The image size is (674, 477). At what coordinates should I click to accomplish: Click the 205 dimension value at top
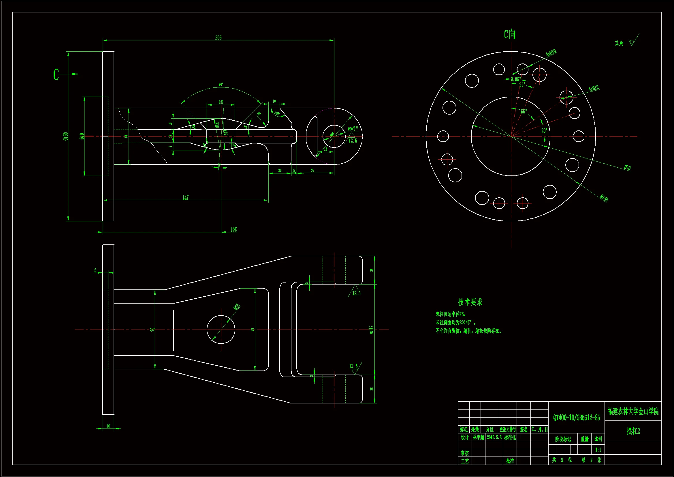[218, 38]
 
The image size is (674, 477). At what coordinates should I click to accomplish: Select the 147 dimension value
[185, 197]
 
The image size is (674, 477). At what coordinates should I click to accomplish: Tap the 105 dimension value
[234, 229]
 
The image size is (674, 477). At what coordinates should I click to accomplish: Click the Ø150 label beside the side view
[65, 136]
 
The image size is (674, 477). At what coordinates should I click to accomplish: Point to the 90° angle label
[221, 85]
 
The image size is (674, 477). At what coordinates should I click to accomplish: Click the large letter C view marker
[56, 74]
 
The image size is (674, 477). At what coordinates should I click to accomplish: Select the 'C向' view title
[510, 34]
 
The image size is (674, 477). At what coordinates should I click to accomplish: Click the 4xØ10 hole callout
[551, 53]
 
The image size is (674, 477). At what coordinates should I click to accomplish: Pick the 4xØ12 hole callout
[594, 88]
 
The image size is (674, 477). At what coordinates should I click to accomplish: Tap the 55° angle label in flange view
[524, 112]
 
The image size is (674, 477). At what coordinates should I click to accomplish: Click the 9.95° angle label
[515, 79]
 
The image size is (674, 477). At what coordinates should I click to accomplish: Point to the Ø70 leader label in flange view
[627, 168]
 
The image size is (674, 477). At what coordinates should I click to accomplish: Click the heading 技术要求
[470, 302]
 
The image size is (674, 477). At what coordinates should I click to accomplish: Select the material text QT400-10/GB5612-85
[577, 418]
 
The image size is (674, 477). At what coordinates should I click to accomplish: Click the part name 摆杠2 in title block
[633, 431]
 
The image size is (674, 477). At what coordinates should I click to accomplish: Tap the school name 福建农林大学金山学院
[633, 411]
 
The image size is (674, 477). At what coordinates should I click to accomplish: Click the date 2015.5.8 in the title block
[494, 437]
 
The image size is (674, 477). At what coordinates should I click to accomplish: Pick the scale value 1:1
[598, 450]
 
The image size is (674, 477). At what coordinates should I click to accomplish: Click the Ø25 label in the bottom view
[237, 307]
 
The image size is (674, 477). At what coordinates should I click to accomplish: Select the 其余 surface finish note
[619, 43]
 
